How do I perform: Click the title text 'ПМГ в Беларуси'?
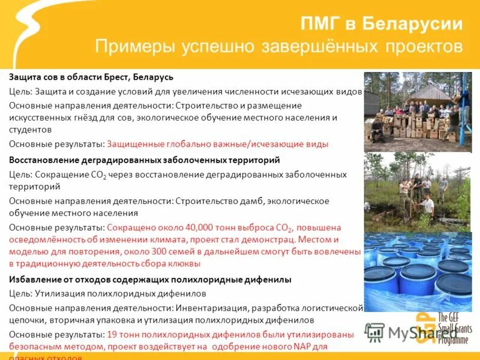pos(381,25)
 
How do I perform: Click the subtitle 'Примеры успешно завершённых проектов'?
pos(279,47)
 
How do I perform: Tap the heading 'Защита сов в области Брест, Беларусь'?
pos(91,78)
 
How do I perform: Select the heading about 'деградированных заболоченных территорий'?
pos(145,161)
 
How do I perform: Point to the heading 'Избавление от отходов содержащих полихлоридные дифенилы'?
pos(150,280)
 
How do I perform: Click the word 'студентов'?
pos(30,129)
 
